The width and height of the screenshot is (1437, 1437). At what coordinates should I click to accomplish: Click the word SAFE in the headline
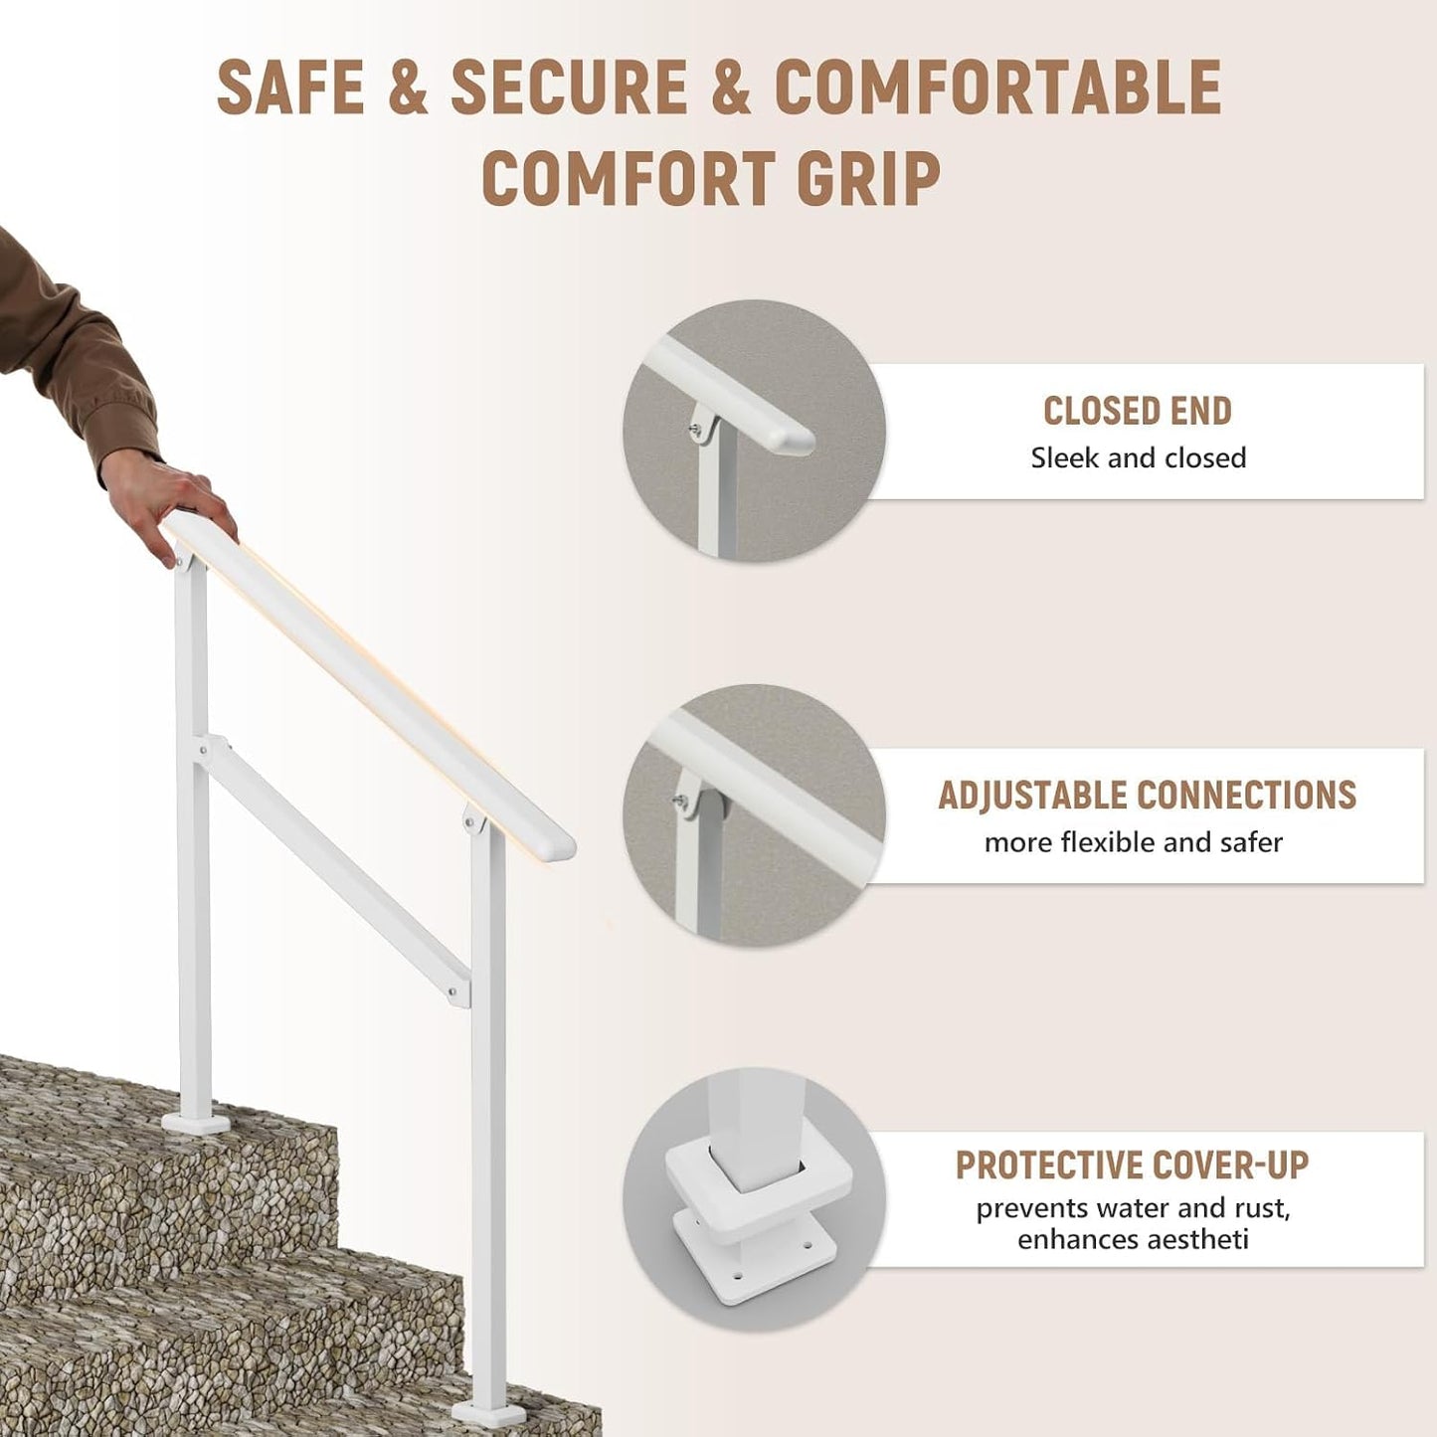coord(290,87)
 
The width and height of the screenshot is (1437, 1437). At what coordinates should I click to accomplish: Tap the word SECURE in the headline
coord(569,87)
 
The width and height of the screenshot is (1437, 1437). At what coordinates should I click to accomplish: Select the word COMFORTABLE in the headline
coord(997,87)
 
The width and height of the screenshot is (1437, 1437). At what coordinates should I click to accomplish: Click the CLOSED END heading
coord(1138,411)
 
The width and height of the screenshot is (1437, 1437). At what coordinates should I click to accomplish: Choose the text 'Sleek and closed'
coord(1138,457)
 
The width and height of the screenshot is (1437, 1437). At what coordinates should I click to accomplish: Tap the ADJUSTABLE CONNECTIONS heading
coord(1147,795)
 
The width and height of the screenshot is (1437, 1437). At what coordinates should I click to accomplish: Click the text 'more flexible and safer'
coord(1134,842)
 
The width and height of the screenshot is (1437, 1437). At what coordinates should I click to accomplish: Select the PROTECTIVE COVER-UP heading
coord(1132,1165)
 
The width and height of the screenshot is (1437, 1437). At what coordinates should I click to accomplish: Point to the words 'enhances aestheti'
coord(1133,1240)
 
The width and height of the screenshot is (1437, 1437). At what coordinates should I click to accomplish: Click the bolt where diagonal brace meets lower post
coord(452,991)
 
